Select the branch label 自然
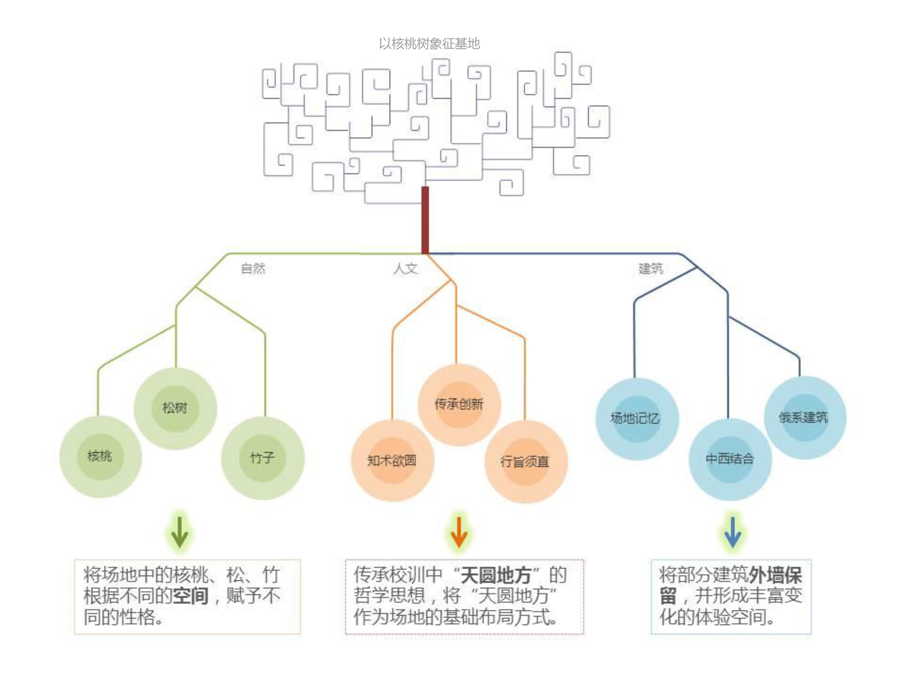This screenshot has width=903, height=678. pyautogui.click(x=253, y=268)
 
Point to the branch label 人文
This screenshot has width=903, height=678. pyautogui.click(x=405, y=268)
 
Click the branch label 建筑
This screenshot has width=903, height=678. pyautogui.click(x=651, y=268)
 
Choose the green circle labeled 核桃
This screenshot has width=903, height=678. pyautogui.click(x=100, y=456)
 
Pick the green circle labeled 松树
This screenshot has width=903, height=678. pyautogui.click(x=175, y=408)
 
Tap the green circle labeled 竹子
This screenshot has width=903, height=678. pyautogui.click(x=262, y=458)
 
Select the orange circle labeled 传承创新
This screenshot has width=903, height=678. pyautogui.click(x=459, y=404)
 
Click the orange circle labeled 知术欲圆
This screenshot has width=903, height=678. pyautogui.click(x=392, y=460)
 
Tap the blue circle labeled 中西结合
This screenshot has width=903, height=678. pyautogui.click(x=730, y=459)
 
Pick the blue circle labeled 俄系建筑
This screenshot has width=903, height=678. pyautogui.click(x=804, y=417)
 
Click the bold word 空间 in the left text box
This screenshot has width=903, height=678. pyautogui.click(x=191, y=595)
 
